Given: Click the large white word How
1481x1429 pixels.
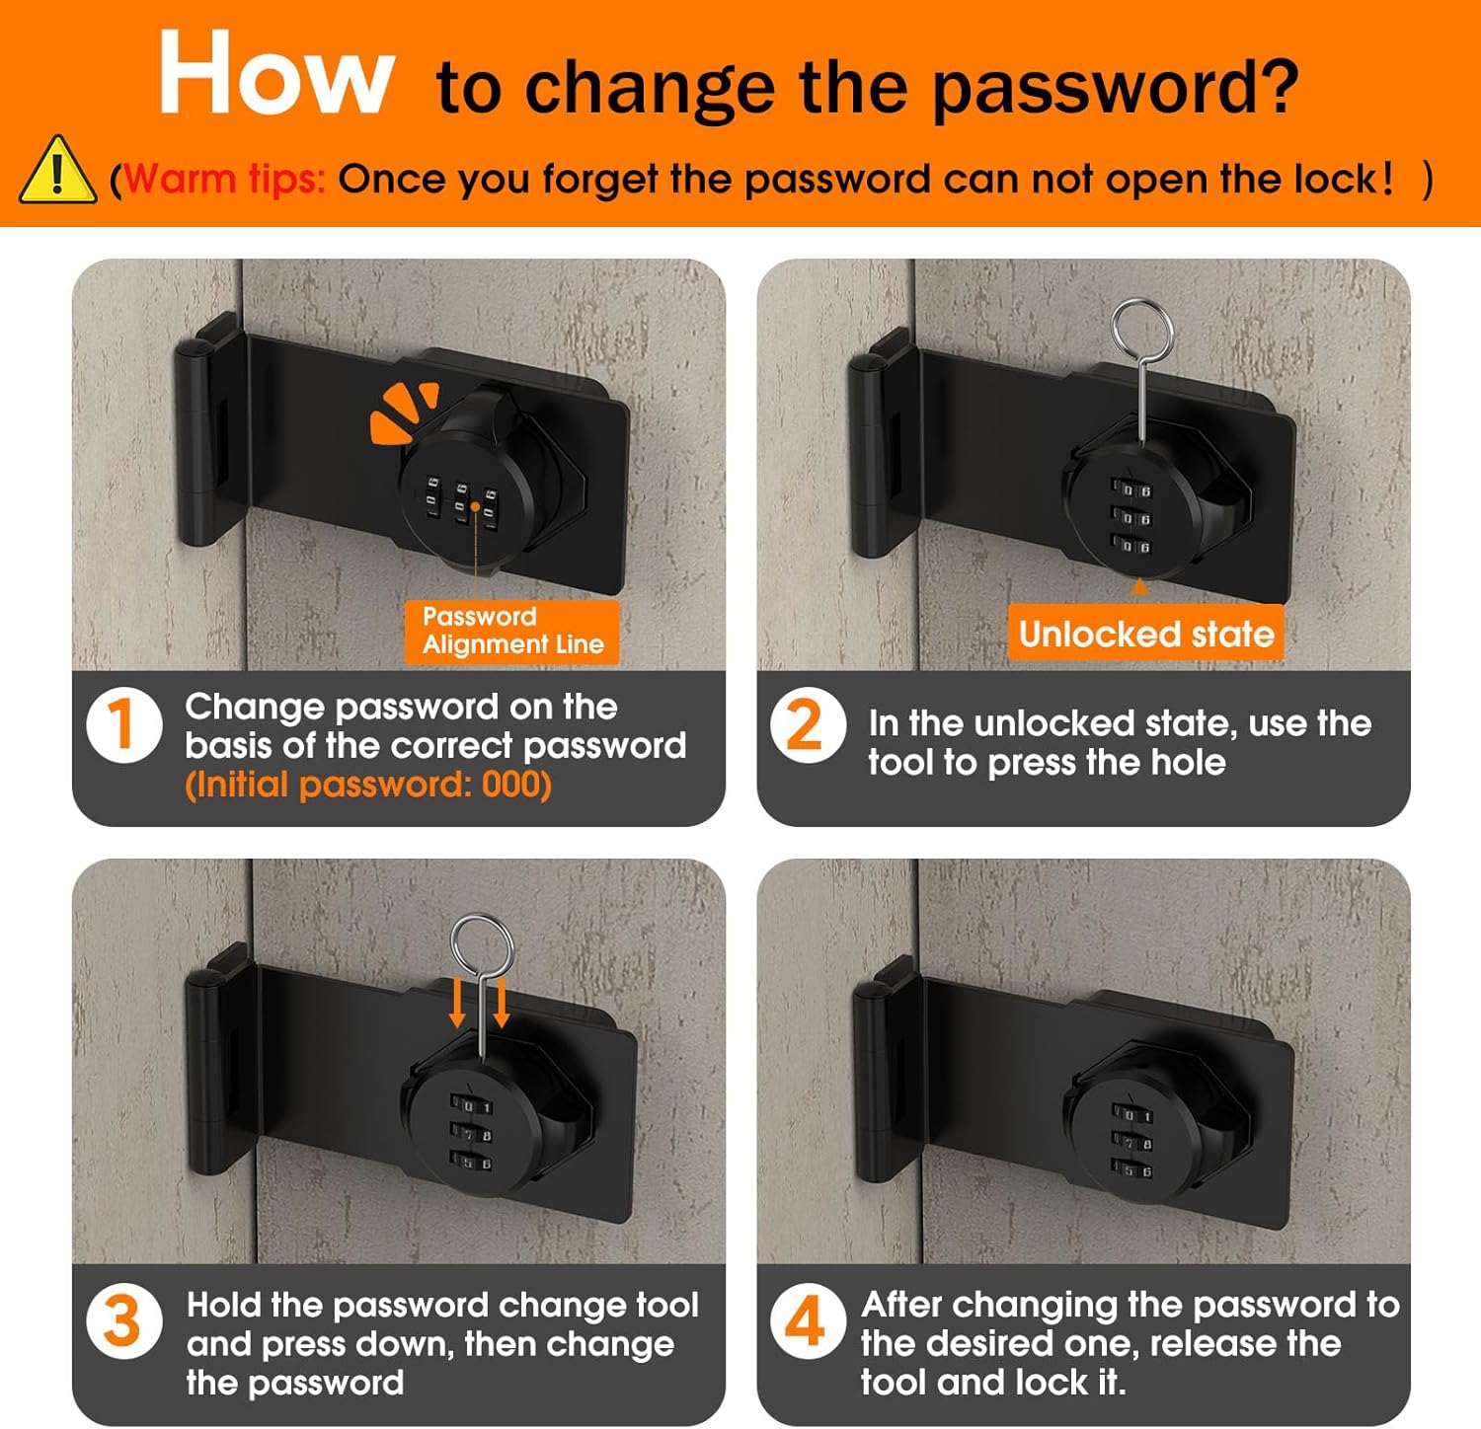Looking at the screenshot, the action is [276, 74].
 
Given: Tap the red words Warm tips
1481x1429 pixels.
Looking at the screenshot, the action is [225, 179].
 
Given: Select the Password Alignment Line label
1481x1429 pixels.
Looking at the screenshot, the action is [512, 631].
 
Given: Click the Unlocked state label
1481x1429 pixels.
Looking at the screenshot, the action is [1145, 633].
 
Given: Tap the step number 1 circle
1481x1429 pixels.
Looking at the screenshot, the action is [124, 724].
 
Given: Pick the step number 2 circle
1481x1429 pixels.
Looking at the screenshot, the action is [808, 724].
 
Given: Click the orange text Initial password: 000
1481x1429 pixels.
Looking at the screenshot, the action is [368, 785].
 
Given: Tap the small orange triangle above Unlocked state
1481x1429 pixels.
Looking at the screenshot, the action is [1139, 587].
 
